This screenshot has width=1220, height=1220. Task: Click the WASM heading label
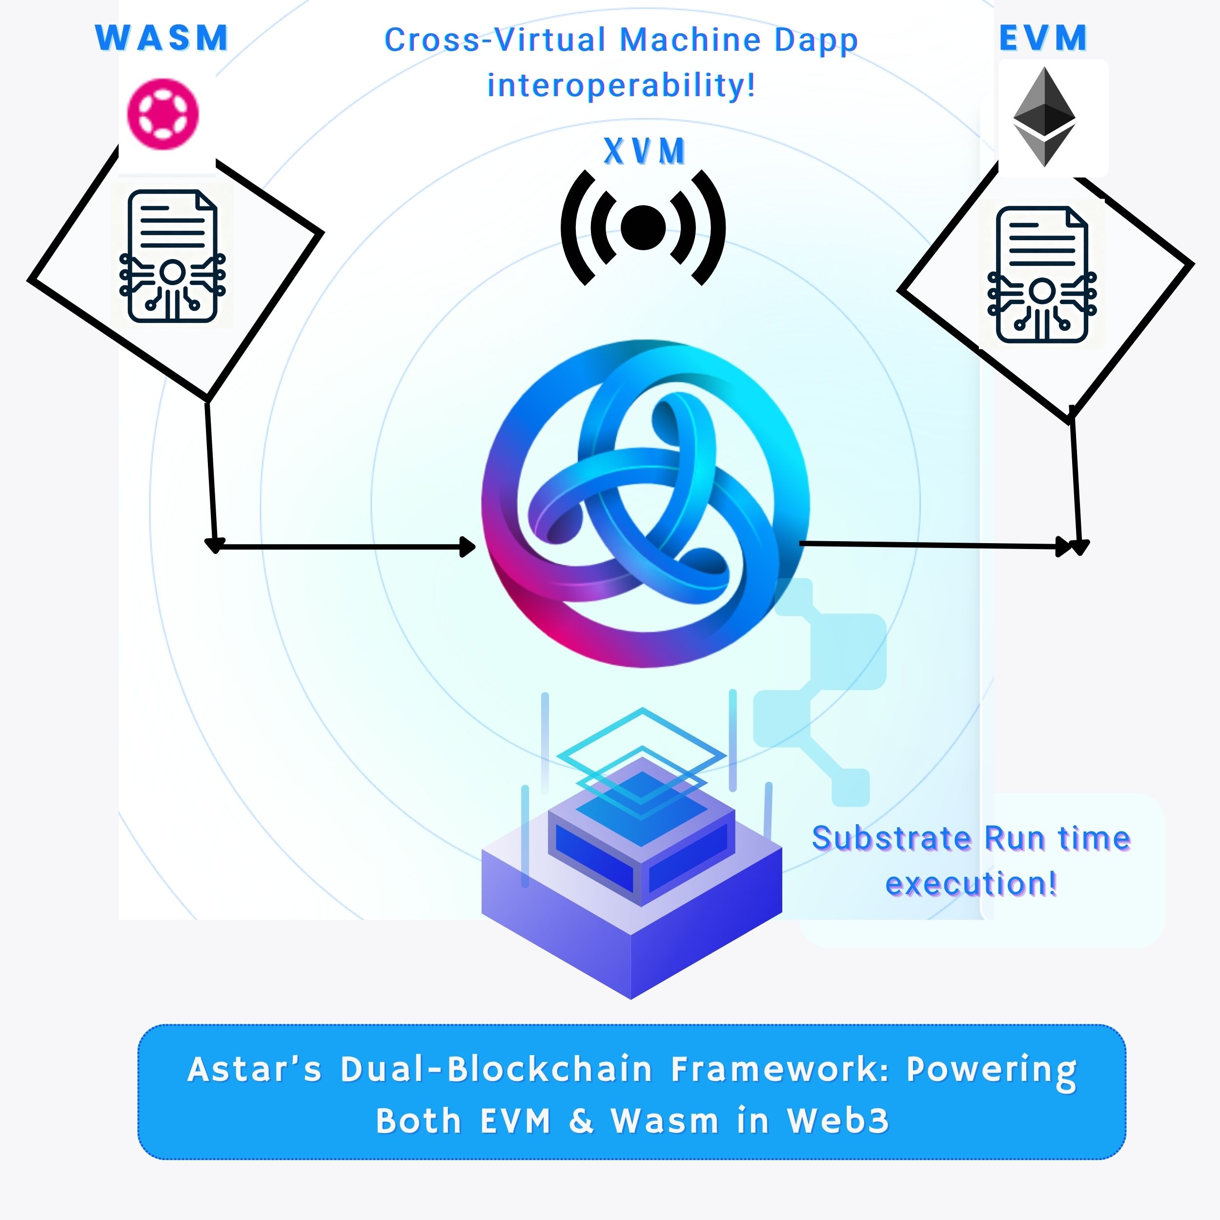click(x=162, y=38)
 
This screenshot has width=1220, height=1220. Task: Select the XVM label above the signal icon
click(x=644, y=152)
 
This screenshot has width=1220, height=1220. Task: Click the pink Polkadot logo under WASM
click(x=163, y=114)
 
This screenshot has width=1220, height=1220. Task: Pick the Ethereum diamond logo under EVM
click(x=1044, y=117)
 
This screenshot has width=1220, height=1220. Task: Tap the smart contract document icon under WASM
click(x=172, y=256)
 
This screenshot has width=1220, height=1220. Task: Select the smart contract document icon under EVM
click(x=1042, y=274)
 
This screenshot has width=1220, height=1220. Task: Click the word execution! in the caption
click(x=971, y=883)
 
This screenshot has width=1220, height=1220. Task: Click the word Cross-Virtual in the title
click(x=495, y=40)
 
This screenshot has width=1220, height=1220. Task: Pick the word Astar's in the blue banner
click(x=254, y=1070)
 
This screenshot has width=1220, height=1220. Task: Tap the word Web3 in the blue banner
click(x=838, y=1121)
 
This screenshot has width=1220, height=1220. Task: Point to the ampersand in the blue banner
click(x=581, y=1121)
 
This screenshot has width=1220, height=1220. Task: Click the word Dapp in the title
click(x=816, y=41)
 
